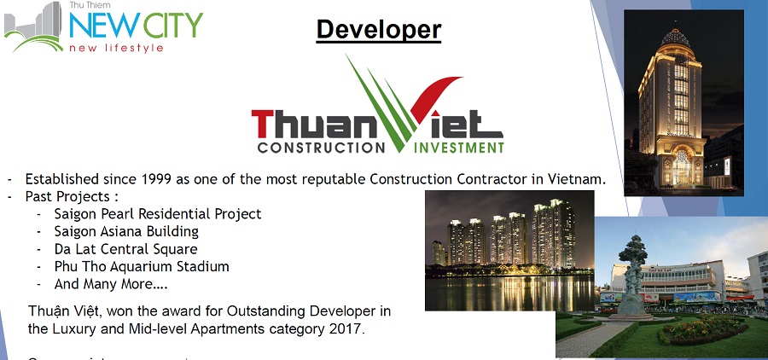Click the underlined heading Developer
point(379,30)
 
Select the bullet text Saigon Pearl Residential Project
point(157,213)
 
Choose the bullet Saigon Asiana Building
point(125,231)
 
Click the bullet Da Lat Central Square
point(125,249)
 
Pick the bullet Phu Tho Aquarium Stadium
point(141,266)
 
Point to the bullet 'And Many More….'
point(111,284)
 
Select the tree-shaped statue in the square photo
point(633,269)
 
